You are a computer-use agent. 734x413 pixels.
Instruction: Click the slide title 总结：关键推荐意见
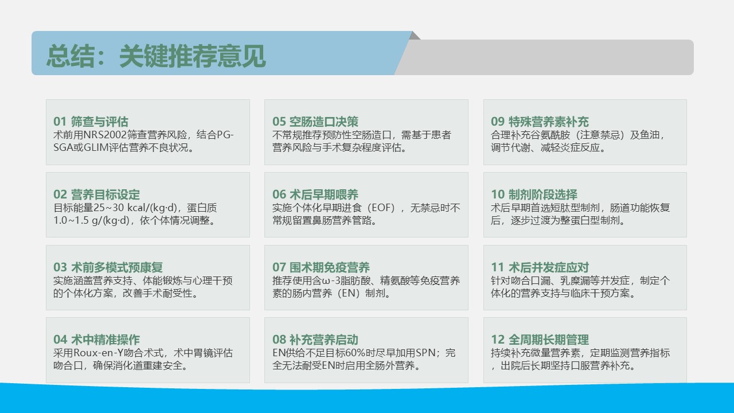tap(156, 56)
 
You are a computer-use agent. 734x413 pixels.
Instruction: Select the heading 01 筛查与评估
tap(91, 122)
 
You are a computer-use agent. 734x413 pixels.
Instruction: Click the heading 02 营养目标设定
tap(97, 194)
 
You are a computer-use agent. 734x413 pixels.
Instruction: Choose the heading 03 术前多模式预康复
tap(108, 267)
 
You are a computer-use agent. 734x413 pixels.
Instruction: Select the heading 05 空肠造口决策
tap(315, 122)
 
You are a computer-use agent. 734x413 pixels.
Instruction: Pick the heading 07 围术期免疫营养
tap(321, 267)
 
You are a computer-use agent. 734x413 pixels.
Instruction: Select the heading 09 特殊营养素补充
tap(540, 122)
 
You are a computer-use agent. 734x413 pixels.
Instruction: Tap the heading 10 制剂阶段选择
tap(534, 194)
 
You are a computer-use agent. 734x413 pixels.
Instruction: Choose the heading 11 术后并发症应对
tap(540, 267)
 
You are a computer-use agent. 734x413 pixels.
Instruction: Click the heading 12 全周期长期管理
tap(540, 340)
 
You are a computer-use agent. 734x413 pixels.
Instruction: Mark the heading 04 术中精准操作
tap(97, 340)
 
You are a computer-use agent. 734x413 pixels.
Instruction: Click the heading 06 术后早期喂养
tap(315, 194)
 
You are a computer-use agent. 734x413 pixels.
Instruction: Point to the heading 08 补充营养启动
tap(315, 340)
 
